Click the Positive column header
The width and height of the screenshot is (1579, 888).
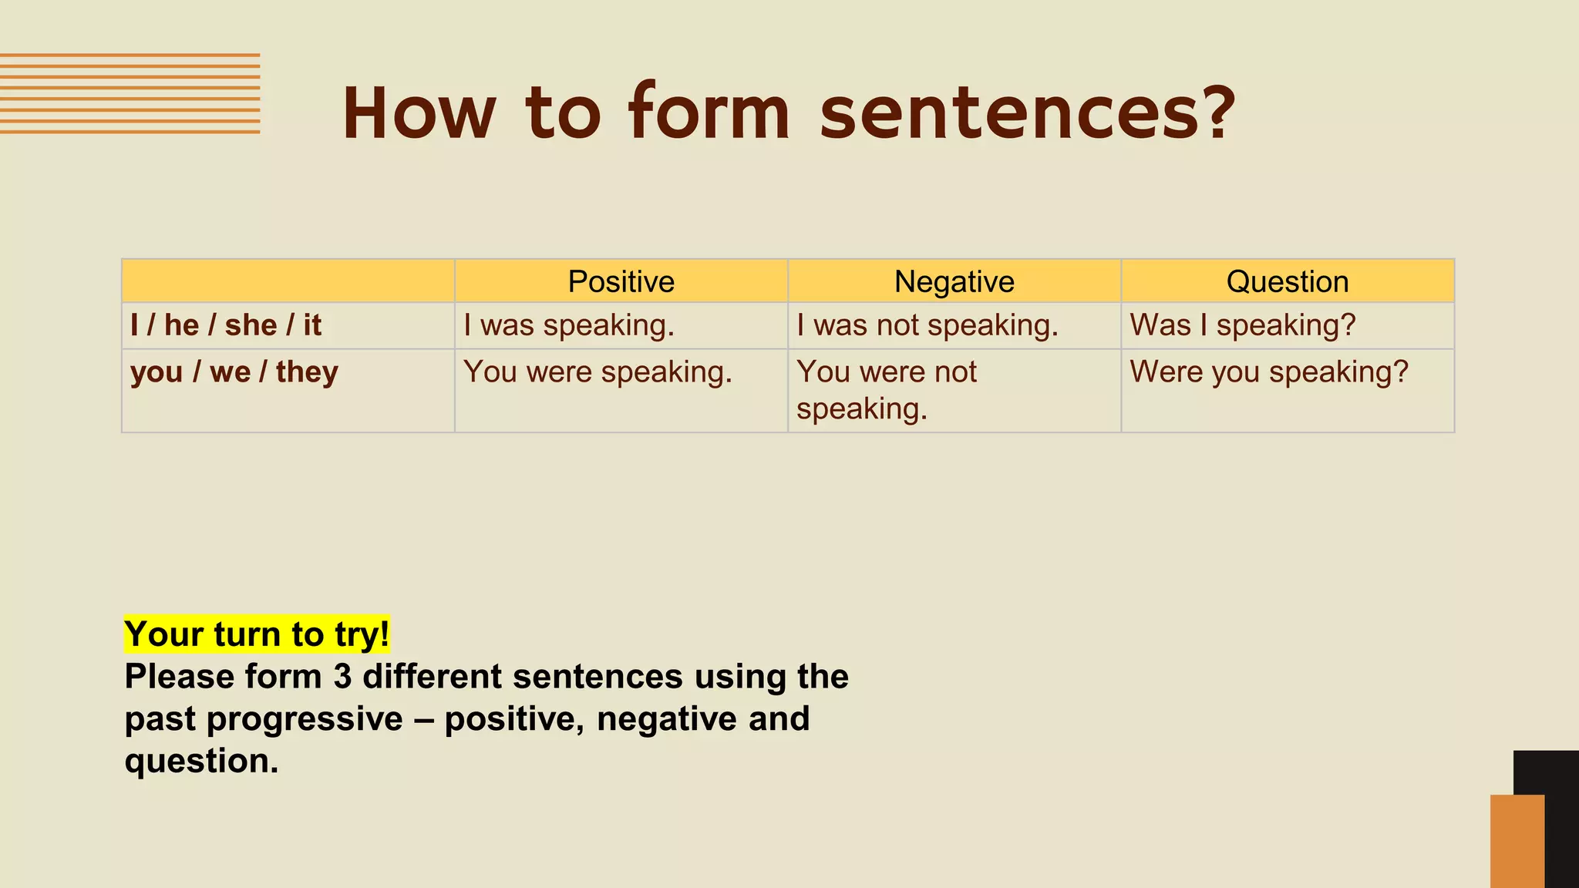coord(621,281)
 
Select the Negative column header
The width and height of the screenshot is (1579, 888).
coord(954,281)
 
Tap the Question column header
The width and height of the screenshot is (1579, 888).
coord(1287,281)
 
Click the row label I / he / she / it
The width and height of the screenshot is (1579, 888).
coord(225,325)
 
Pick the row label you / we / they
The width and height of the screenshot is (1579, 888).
coord(234,372)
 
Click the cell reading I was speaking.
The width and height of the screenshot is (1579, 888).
coord(569,325)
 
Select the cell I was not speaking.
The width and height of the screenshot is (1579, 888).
coord(927,325)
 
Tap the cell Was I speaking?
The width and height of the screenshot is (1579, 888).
coord(1242,325)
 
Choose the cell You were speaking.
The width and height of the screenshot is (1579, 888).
coord(598,372)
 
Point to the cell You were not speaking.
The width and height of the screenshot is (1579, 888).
coord(887,390)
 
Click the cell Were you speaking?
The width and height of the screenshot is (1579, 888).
coord(1269,372)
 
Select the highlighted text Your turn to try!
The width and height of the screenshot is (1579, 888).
coord(257,634)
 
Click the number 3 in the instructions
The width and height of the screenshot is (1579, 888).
coord(342,677)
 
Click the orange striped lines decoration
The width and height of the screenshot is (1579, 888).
coord(130,93)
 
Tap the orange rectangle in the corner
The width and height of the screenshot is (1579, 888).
coord(1516,841)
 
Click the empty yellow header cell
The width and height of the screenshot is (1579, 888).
coord(288,281)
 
